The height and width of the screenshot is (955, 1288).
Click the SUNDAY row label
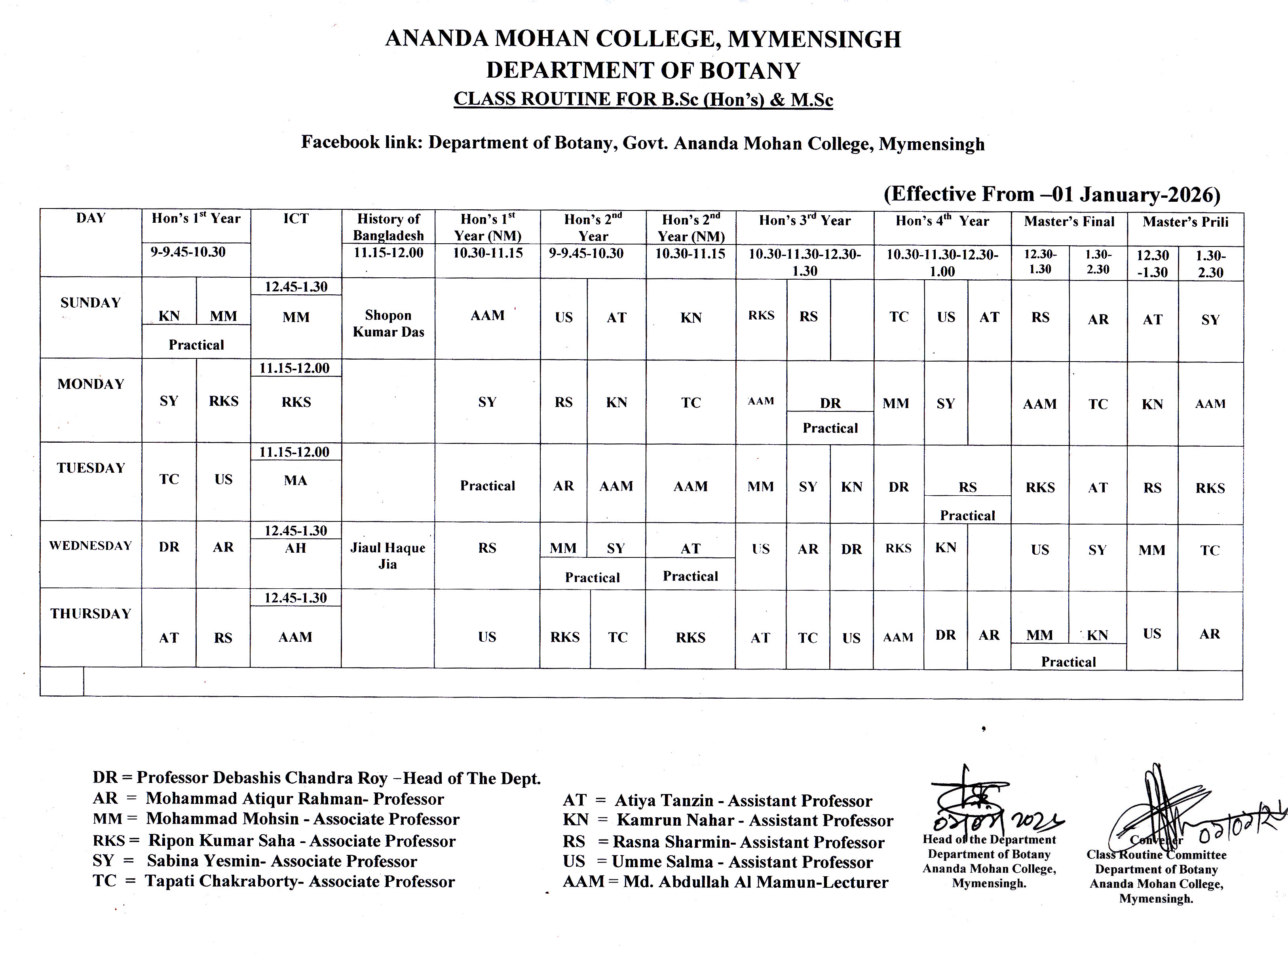click(x=90, y=303)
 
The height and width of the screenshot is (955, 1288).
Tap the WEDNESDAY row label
click(x=90, y=546)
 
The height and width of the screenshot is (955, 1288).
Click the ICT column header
click(x=296, y=218)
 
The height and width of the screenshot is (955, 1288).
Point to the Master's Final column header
click(x=1069, y=222)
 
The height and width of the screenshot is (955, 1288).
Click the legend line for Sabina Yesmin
click(x=255, y=861)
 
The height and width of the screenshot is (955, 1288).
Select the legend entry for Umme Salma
click(x=717, y=862)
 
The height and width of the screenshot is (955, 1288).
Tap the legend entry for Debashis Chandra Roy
click(x=316, y=778)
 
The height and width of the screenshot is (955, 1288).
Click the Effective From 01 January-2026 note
click(x=1051, y=194)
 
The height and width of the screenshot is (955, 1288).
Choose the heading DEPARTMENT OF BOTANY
click(x=643, y=70)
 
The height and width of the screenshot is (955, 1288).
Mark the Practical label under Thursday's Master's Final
click(x=1068, y=662)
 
